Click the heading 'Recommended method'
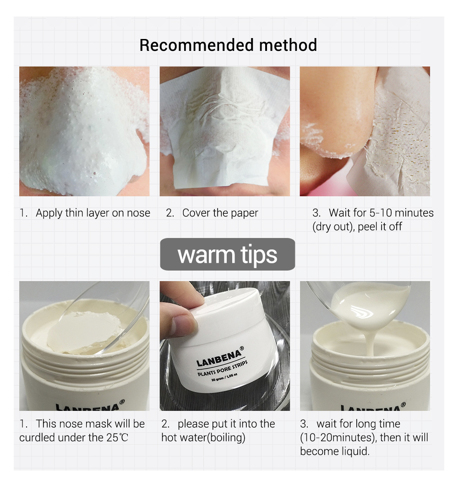click(228, 45)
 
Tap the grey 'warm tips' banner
click(228, 255)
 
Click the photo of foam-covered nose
click(84, 131)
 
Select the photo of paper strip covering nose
click(224, 131)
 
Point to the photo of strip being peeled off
click(365, 131)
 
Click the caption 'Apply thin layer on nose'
click(93, 213)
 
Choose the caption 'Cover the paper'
click(220, 213)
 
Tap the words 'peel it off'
click(380, 227)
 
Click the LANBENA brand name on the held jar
click(218, 356)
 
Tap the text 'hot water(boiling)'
click(203, 437)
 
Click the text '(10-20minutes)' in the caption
click(339, 437)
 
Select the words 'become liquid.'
click(334, 451)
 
